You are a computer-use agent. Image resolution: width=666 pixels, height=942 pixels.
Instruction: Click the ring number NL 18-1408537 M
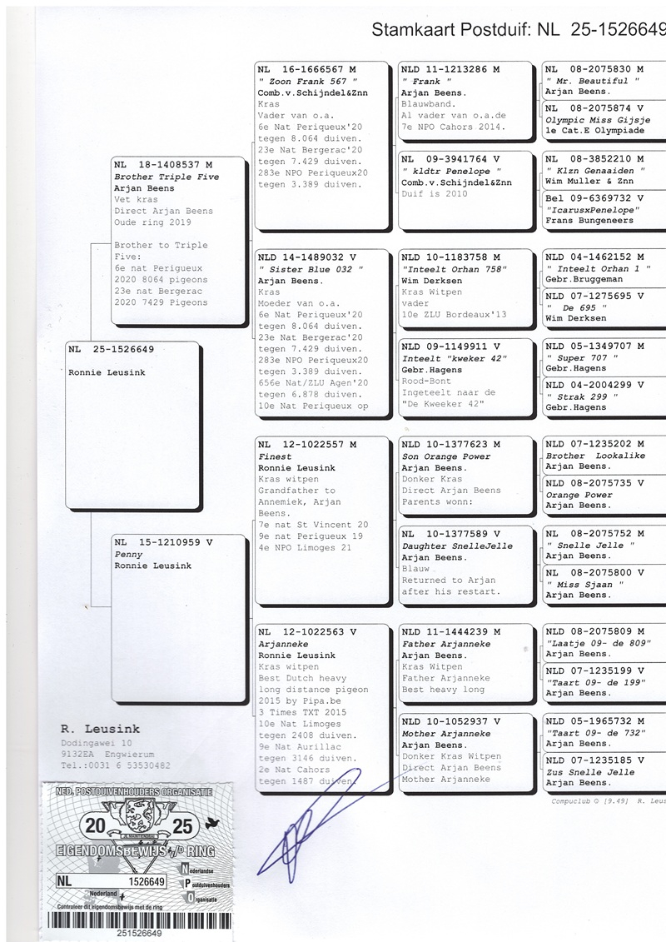click(x=163, y=165)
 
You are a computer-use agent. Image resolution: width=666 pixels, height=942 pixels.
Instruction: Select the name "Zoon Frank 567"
click(x=302, y=81)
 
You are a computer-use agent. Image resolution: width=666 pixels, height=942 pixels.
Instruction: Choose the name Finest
click(x=275, y=456)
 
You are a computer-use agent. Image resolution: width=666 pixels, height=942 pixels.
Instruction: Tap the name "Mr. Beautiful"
click(x=592, y=81)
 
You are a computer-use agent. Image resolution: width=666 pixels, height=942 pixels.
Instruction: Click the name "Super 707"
click(x=581, y=356)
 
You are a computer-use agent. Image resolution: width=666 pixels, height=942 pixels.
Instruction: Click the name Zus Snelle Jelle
click(x=587, y=771)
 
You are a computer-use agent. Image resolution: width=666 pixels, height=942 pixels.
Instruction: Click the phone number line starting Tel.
click(x=116, y=765)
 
